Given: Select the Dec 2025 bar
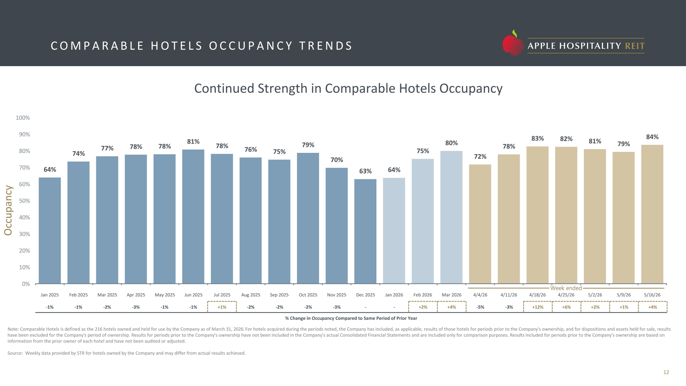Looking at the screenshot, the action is [365, 231].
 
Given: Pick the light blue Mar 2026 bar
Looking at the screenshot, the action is [451, 217].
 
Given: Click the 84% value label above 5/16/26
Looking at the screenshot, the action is [652, 137].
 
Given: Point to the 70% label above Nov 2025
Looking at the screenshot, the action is [337, 160].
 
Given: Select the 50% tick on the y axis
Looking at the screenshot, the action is [24, 201].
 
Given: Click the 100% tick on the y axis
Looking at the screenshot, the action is [23, 118].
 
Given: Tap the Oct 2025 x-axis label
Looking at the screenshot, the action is [308, 295].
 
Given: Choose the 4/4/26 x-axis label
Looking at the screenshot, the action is [480, 295].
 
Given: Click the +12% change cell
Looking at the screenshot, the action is [538, 307].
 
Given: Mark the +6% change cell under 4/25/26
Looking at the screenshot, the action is [566, 307].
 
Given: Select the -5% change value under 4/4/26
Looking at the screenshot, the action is [480, 307].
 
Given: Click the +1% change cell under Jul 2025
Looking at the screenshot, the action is [222, 307].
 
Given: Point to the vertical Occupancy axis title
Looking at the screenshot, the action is [8, 211].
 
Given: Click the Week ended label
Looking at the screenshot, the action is [566, 288].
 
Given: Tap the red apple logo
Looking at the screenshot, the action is [513, 43].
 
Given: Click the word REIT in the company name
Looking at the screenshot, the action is [635, 46].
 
